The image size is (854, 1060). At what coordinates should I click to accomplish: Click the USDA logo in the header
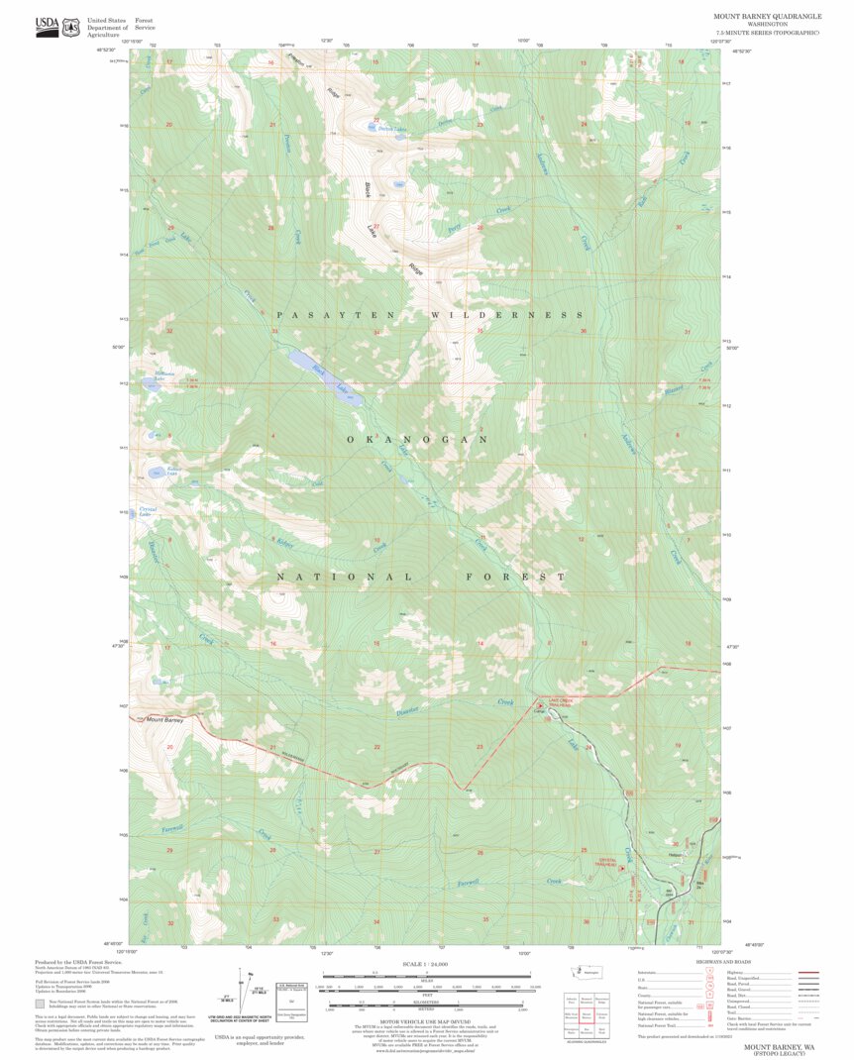coord(47,27)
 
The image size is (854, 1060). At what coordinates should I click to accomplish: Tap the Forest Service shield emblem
coord(70,27)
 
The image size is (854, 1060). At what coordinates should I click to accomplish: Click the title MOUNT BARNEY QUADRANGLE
coord(767,17)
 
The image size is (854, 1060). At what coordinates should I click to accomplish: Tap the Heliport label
coord(676,855)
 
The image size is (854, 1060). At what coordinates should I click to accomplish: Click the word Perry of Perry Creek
coord(455,227)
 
